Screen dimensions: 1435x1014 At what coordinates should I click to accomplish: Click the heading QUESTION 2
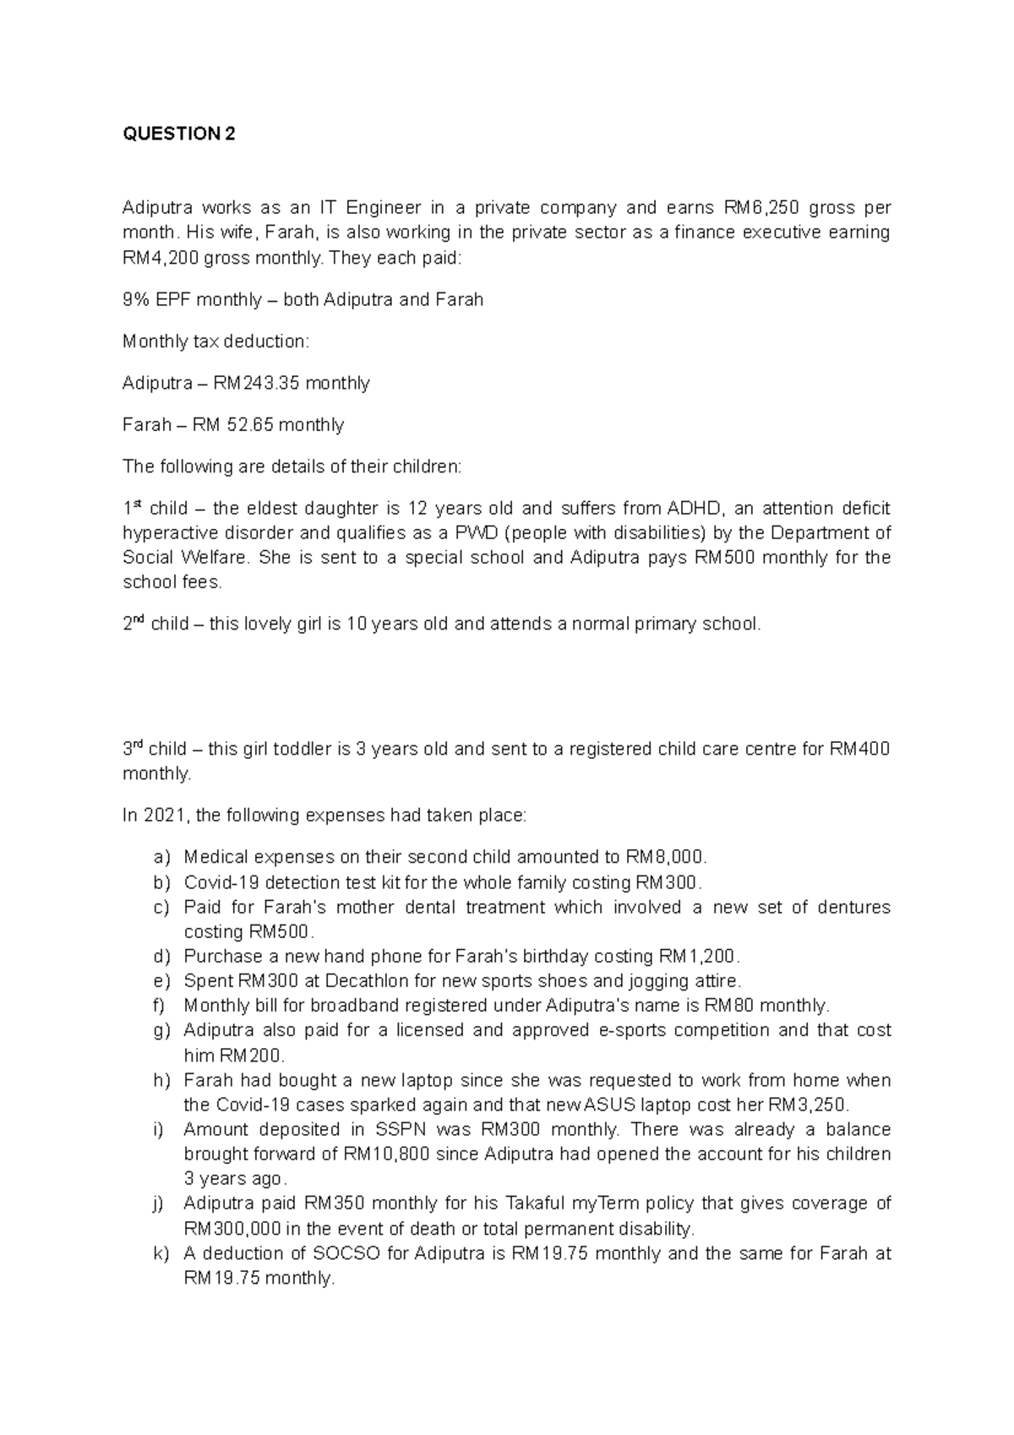pos(179,134)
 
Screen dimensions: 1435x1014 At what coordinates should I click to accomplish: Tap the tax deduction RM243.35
pos(257,383)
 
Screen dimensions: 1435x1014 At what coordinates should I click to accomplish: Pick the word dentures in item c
pos(855,907)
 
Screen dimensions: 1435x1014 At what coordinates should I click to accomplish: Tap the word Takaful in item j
pos(535,1203)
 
